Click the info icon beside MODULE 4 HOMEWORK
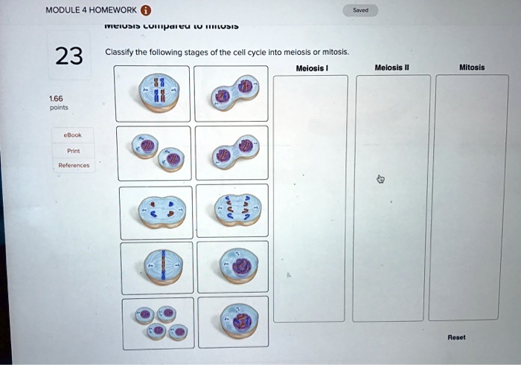pos(146,10)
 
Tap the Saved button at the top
pos(359,10)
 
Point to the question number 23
pos(68,56)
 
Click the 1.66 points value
pos(56,97)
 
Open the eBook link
pos(72,135)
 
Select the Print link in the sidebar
pos(72,150)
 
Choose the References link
pos(72,165)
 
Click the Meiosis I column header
pos(311,68)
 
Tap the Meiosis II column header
pos(392,68)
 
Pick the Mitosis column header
pos(472,68)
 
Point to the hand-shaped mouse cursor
pos(380,179)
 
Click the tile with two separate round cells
pos(155,152)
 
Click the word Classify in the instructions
pos(118,53)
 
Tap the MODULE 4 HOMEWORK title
pos(91,10)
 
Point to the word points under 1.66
pos(58,107)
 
